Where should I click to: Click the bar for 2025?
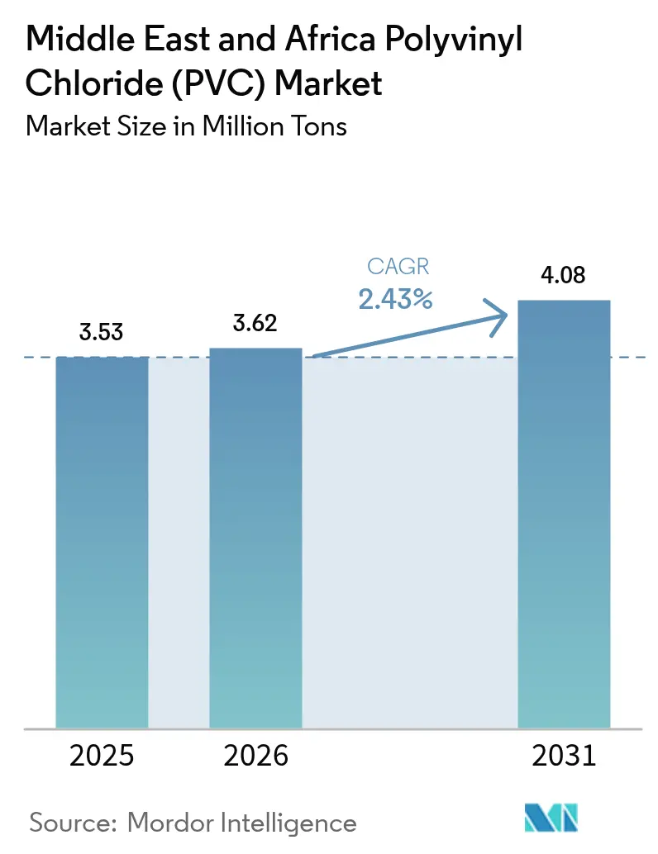point(102,541)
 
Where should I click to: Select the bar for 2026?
point(255,537)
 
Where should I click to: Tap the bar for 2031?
point(563,513)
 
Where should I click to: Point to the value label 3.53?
point(101,333)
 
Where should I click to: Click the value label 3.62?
point(255,324)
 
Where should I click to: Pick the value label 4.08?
point(563,275)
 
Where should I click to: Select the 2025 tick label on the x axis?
point(101,756)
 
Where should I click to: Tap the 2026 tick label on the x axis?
point(255,756)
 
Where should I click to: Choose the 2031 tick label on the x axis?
point(563,756)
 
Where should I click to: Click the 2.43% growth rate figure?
point(395,299)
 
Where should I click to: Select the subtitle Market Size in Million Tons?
point(186,126)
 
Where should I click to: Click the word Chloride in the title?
point(88,83)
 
